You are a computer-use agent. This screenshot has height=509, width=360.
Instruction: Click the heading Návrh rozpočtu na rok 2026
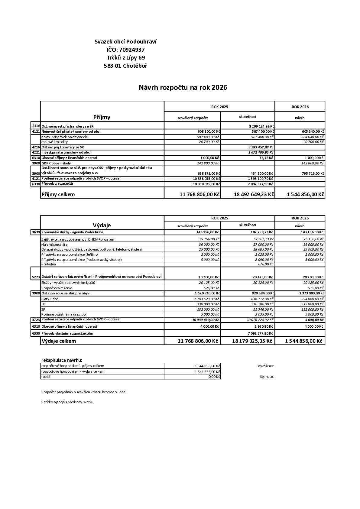[183, 88]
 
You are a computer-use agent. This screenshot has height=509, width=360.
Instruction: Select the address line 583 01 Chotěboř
[125, 66]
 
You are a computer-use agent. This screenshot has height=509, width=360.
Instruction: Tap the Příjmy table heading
[102, 117]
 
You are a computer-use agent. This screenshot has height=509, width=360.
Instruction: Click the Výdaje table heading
[102, 225]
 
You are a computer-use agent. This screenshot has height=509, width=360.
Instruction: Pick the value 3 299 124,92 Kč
[261, 126]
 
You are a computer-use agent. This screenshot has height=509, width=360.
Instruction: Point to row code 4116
[36, 125]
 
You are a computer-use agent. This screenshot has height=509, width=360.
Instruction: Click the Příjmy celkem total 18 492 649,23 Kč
[254, 194]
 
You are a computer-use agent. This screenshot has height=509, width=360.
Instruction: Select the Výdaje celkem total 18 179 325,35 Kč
[252, 341]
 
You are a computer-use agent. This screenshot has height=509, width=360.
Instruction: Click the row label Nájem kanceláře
[54, 245]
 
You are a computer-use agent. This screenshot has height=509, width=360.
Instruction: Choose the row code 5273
[36, 277]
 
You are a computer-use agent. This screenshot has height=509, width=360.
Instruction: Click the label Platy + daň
[50, 299]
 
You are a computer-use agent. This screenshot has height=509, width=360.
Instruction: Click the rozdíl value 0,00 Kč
[214, 377]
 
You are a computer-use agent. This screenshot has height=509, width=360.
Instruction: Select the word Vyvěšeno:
[266, 366]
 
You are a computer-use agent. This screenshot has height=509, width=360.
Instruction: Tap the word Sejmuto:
[267, 377]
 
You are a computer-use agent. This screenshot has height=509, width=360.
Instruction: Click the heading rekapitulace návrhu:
[62, 360]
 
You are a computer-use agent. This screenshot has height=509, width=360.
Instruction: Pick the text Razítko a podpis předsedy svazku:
[68, 402]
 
